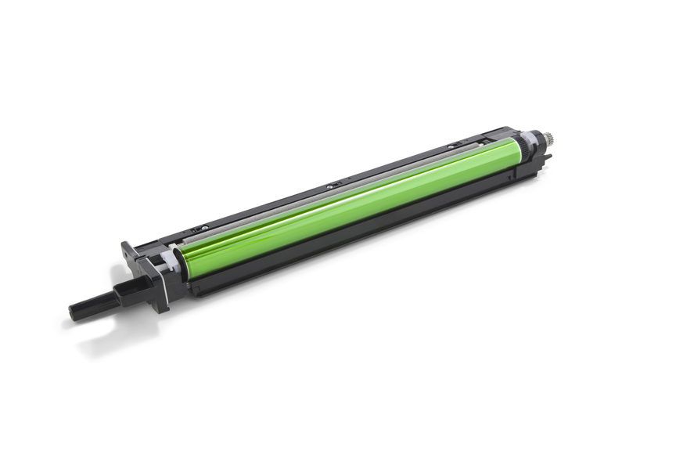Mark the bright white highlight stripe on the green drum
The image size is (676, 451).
352,197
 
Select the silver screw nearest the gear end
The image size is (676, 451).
452,147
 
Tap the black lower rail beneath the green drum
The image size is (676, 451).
368,235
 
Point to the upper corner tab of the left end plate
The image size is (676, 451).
126,248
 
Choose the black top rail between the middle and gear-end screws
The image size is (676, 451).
391,165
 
